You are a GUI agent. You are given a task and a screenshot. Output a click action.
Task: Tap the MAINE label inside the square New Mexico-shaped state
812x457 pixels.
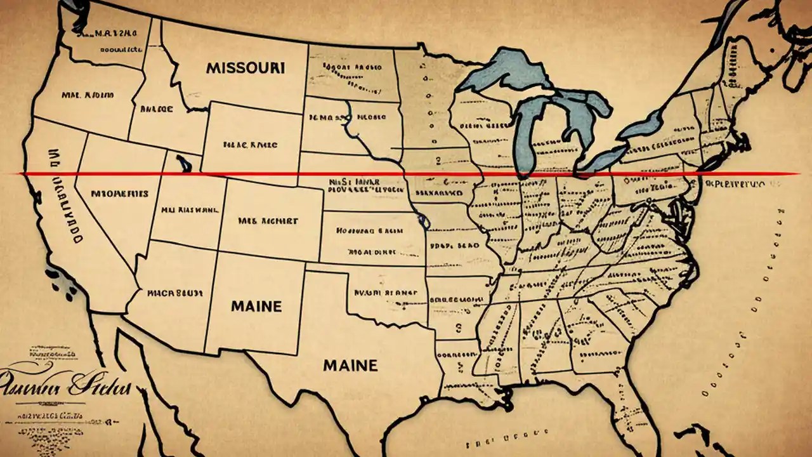(256, 306)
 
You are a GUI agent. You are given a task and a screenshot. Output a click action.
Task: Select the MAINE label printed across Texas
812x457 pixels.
(350, 365)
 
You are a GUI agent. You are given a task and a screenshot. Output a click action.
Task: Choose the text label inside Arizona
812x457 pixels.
(174, 293)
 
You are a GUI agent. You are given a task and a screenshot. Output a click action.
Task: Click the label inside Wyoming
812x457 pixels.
(251, 145)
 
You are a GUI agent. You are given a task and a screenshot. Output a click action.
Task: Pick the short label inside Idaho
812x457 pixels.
(156, 109)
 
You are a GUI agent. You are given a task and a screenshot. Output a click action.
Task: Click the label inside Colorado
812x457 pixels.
(268, 222)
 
